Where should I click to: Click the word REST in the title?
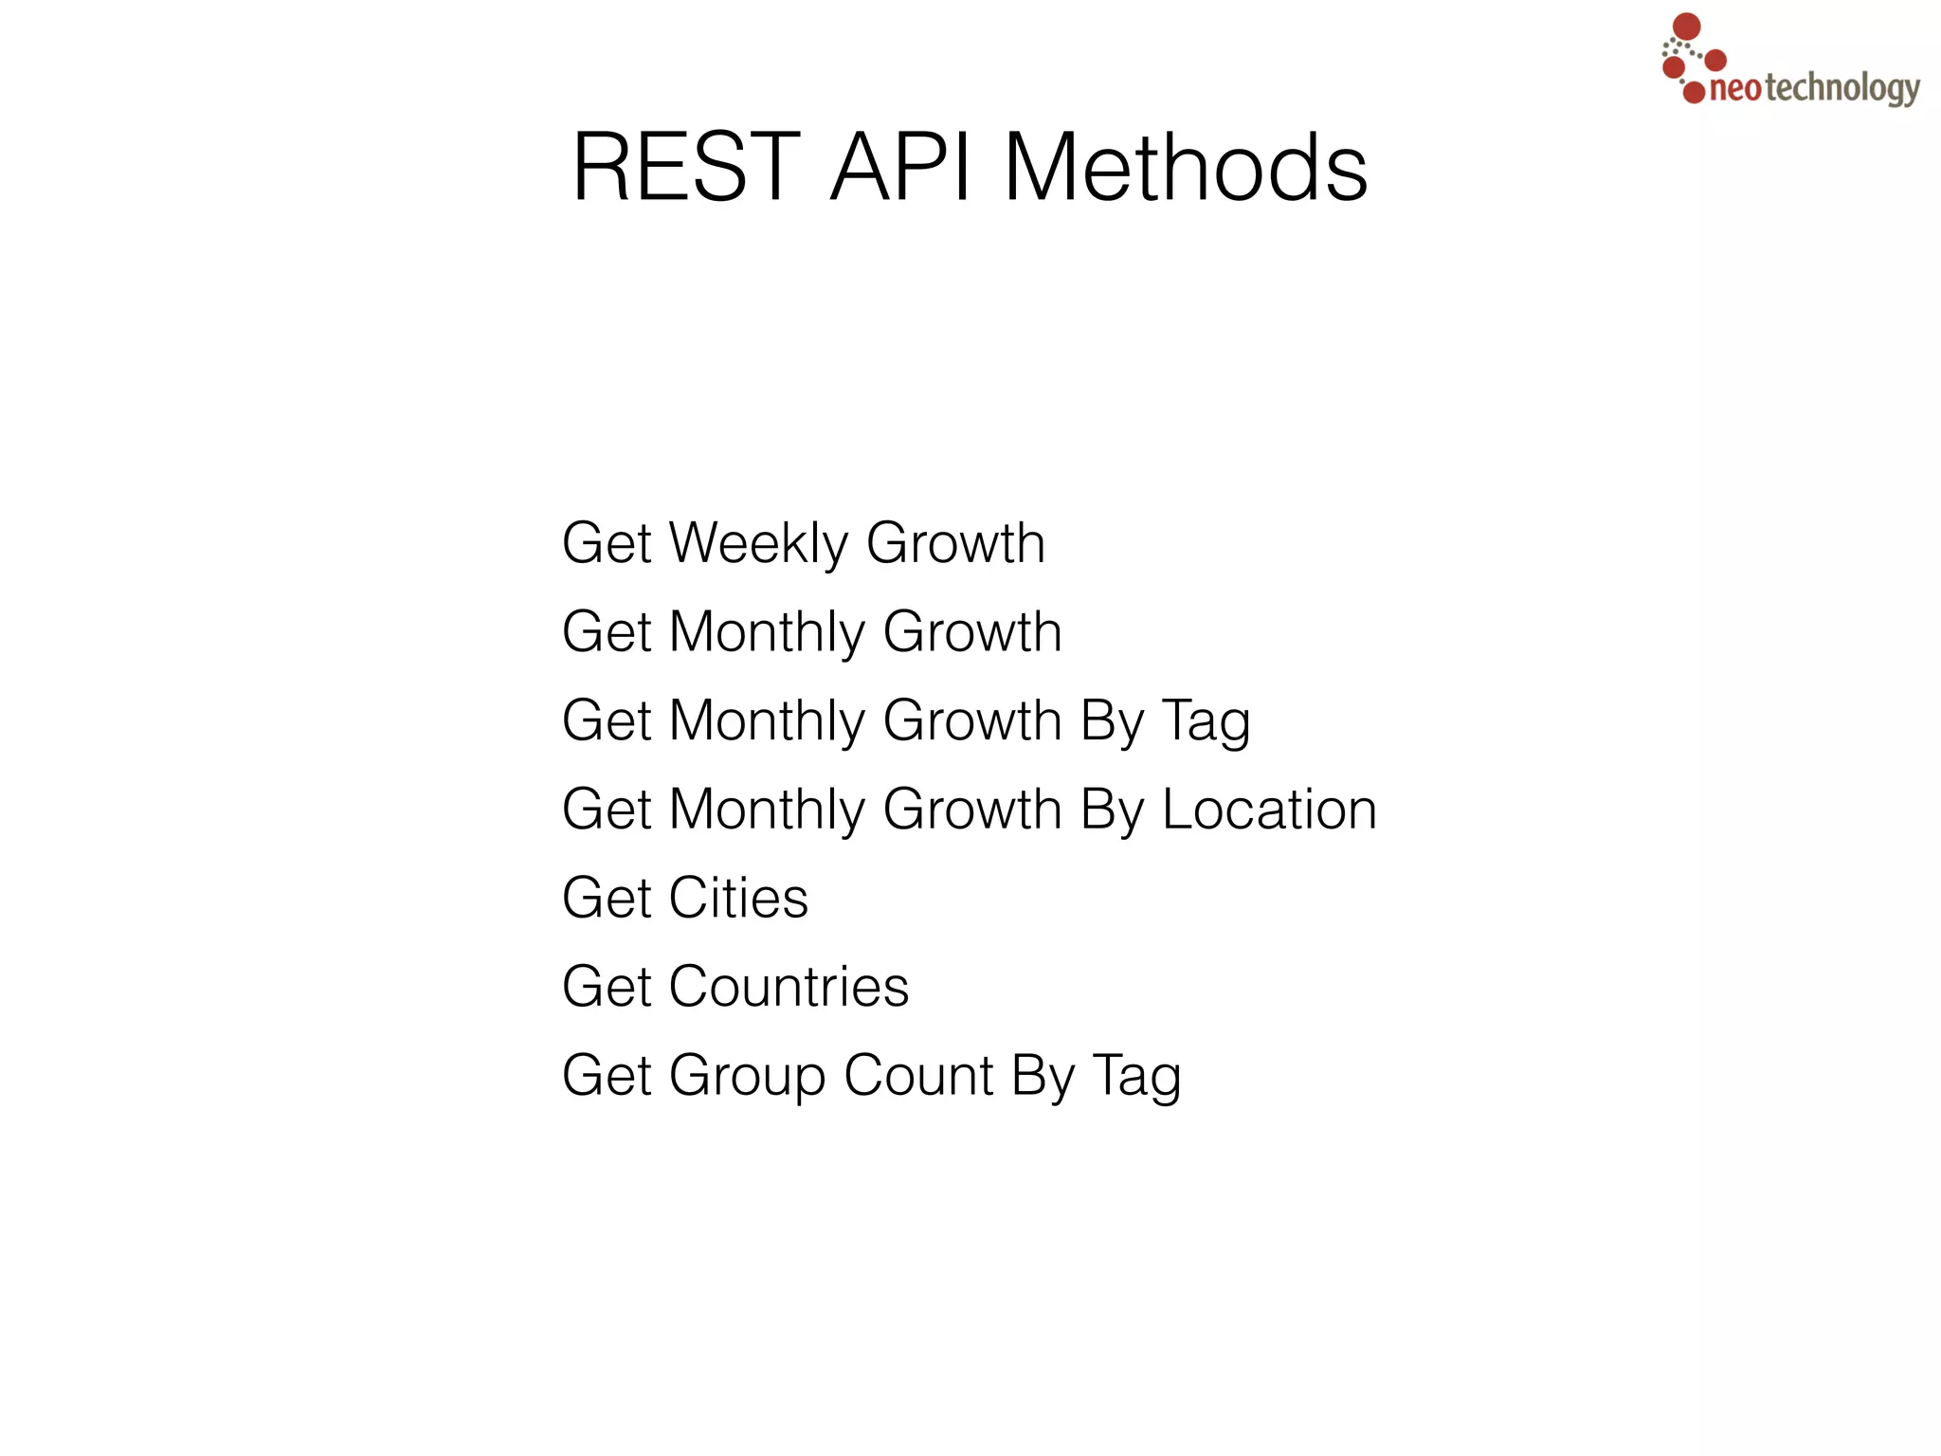click(686, 168)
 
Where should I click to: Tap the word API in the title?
click(901, 168)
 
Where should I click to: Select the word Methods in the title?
click(1185, 168)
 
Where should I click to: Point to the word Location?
click(1269, 810)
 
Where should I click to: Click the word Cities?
click(738, 898)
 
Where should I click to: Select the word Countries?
click(789, 987)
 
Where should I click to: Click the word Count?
click(918, 1076)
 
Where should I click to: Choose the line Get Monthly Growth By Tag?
click(906, 721)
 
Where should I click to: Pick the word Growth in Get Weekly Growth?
click(955, 543)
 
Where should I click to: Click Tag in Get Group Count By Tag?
click(1136, 1078)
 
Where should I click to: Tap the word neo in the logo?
click(1735, 90)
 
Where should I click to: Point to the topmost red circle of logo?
click(1687, 26)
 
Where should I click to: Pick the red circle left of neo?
click(1694, 92)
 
